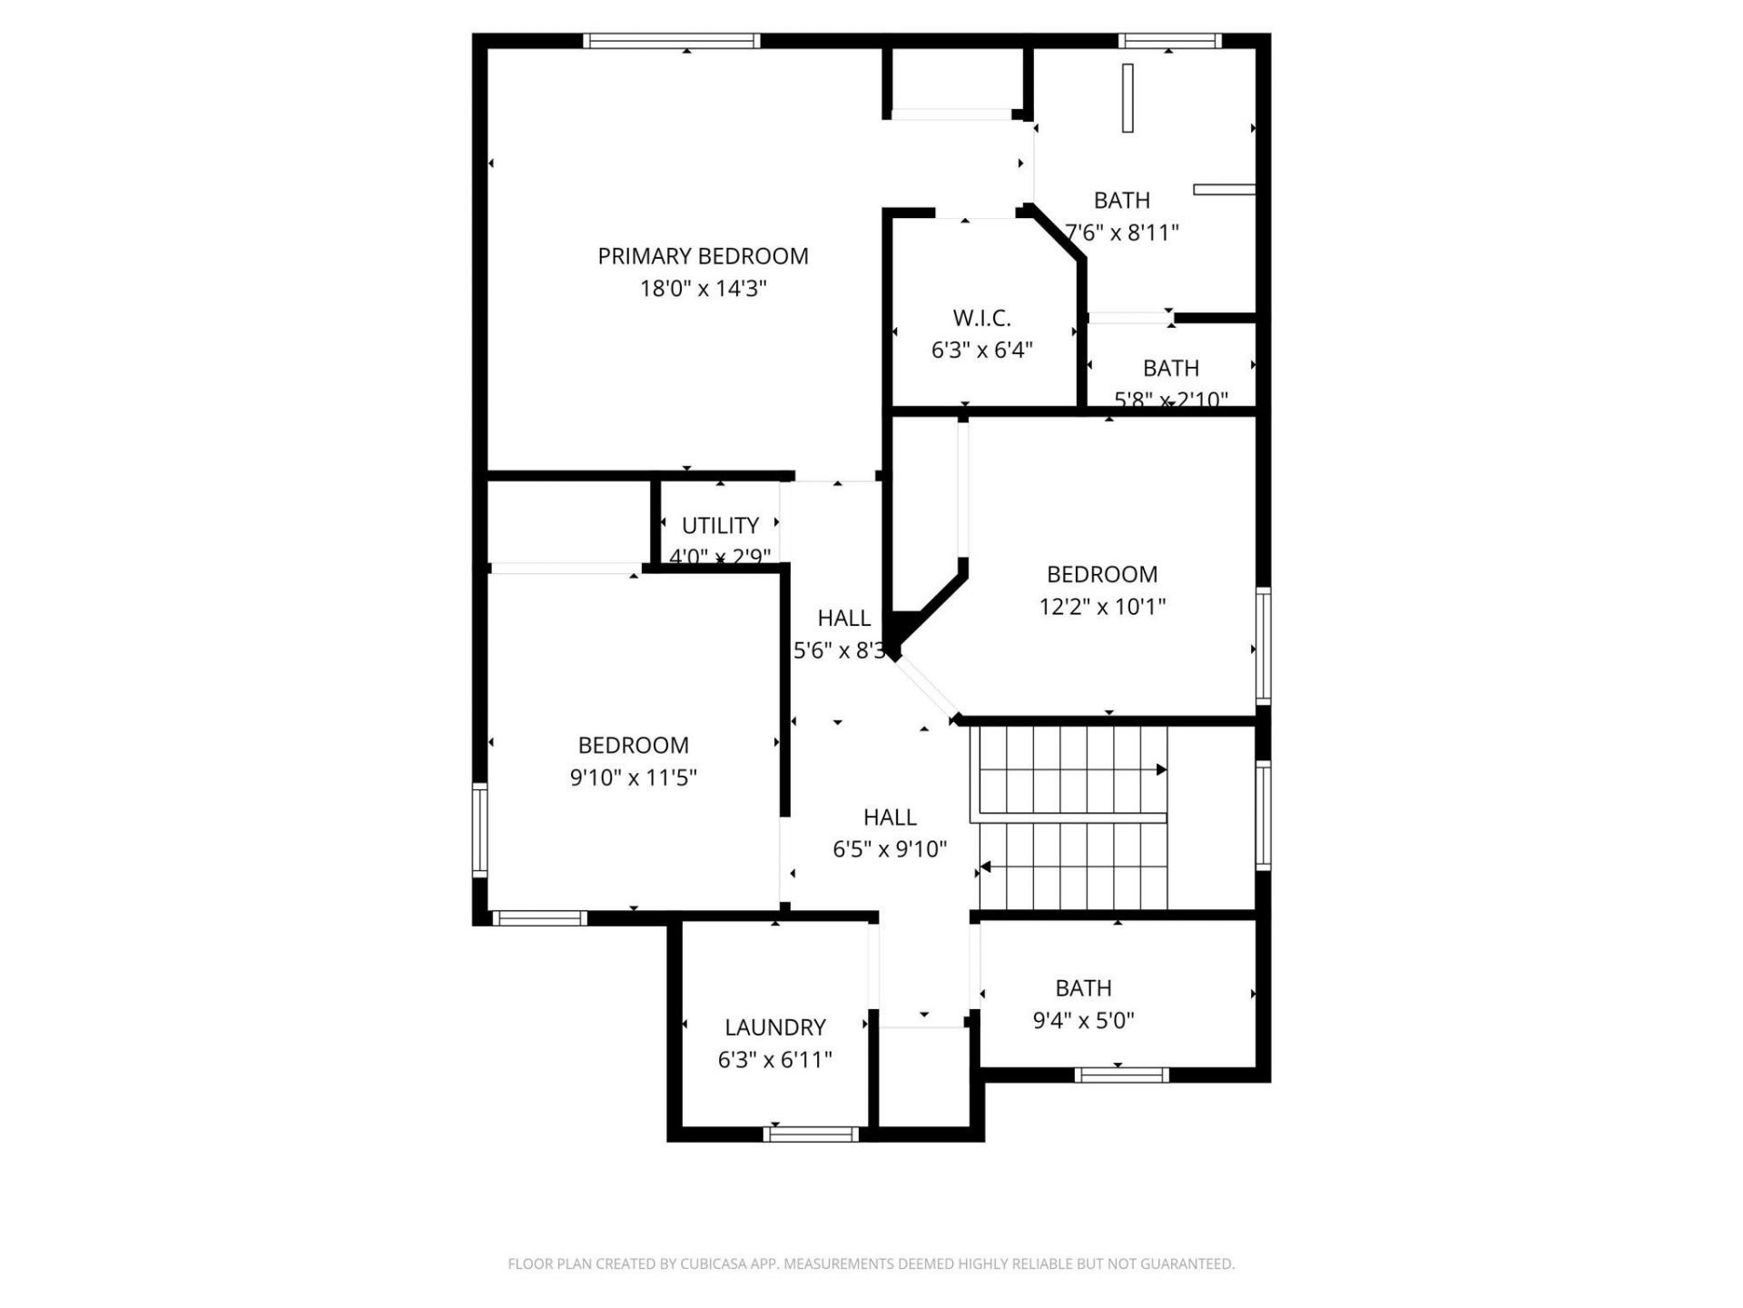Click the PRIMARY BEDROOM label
click(703, 256)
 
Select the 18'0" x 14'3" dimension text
click(703, 289)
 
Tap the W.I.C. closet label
click(981, 318)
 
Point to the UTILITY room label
click(720, 525)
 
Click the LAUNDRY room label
click(774, 1027)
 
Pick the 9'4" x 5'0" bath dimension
click(1083, 1020)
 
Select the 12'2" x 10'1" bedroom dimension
click(1101, 606)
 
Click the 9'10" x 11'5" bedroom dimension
click(633, 778)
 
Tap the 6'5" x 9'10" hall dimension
click(890, 849)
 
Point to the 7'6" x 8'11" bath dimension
click(1122, 233)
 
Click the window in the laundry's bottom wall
click(811, 1134)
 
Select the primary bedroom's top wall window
click(671, 40)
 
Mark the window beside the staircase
click(1263, 815)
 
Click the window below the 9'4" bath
click(1121, 1075)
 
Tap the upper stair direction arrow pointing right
click(1161, 769)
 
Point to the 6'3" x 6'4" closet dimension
click(981, 350)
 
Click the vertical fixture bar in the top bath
click(1128, 98)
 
